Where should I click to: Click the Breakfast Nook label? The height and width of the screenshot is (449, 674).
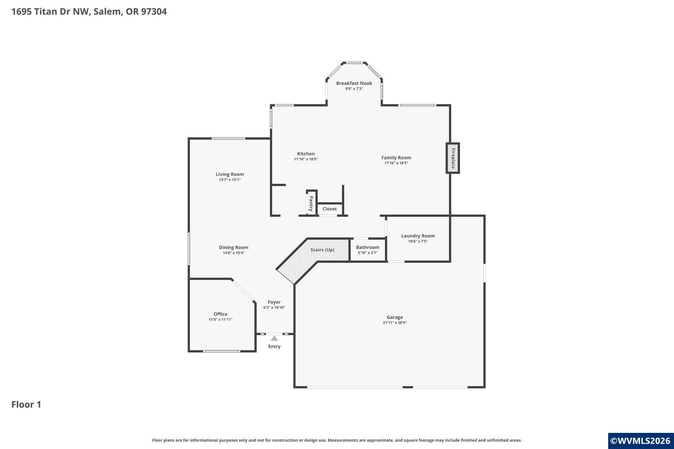[354, 83]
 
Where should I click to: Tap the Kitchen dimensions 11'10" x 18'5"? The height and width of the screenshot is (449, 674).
[306, 159]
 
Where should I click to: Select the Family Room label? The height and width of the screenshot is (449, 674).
[396, 158]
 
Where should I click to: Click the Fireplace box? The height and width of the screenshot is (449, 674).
[453, 158]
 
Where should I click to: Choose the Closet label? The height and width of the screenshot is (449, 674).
[329, 209]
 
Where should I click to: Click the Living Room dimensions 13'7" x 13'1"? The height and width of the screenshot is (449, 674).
[230, 180]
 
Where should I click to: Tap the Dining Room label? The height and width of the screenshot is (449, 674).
[234, 247]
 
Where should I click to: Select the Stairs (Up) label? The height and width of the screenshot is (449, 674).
[323, 250]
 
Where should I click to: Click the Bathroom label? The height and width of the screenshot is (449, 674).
[368, 247]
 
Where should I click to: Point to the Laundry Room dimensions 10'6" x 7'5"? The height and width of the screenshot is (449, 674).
[418, 241]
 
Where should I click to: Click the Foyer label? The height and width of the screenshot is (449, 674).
[274, 302]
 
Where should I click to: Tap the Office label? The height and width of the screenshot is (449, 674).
[220, 314]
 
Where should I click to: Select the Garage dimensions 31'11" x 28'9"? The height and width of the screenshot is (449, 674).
[395, 323]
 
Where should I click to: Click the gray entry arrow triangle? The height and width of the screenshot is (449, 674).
[274, 338]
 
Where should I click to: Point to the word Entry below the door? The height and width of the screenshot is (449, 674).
[274, 346]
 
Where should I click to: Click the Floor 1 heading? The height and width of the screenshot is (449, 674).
[26, 405]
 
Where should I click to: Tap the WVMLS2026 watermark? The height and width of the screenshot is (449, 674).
[640, 441]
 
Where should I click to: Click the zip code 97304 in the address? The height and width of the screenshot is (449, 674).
[154, 12]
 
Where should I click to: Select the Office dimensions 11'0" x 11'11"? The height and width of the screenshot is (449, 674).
[220, 320]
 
